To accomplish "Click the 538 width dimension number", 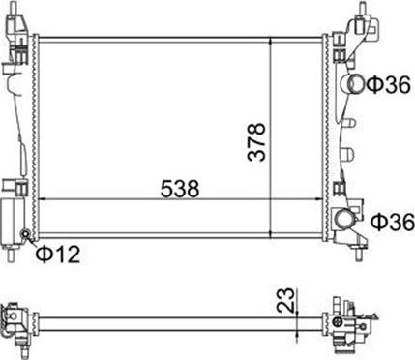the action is tap(180, 189).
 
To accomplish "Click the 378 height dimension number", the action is tap(256, 141).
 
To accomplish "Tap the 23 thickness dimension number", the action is tap(285, 300).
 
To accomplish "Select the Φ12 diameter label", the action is tap(58, 254).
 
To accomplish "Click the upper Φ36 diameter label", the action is tap(389, 84).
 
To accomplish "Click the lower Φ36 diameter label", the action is tap(393, 222).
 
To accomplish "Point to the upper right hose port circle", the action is tap(355, 83).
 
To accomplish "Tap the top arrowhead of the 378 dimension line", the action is tap(270, 41).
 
